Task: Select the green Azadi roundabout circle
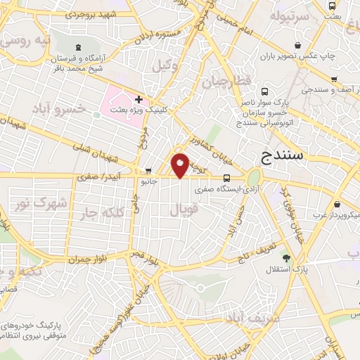point(253,177)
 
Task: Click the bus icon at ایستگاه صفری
point(226,179)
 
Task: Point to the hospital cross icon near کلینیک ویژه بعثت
point(139,99)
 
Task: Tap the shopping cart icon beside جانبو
point(148,171)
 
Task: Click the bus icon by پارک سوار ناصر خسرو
point(264,91)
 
